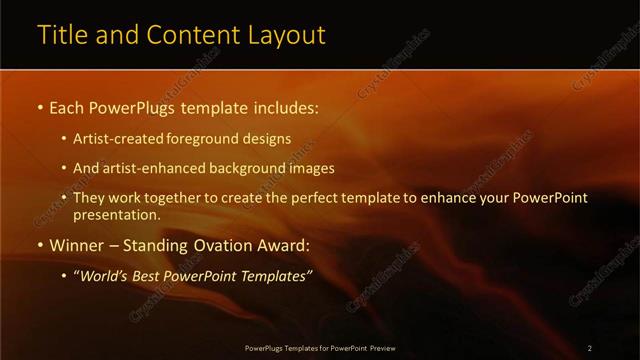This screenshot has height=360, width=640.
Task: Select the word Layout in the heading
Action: click(x=289, y=35)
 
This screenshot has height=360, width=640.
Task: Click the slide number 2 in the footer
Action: click(x=590, y=347)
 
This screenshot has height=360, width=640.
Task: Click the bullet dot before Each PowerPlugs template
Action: click(x=39, y=105)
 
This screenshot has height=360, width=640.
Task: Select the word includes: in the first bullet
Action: click(x=285, y=105)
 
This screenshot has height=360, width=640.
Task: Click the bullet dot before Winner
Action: click(x=39, y=246)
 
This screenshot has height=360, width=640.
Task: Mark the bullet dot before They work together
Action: click(x=65, y=198)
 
